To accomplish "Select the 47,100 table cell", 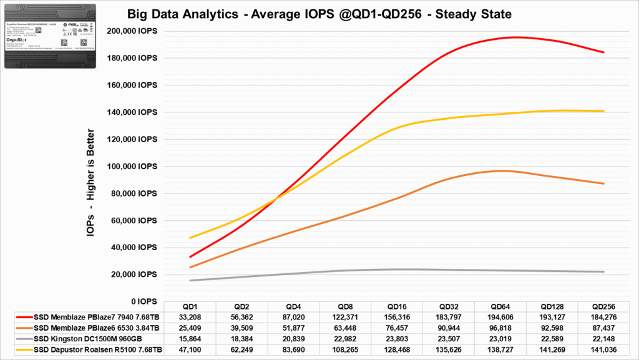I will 190,349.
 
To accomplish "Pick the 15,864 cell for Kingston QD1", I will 190,338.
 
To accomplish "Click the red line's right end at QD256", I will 603,52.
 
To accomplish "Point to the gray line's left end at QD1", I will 190,280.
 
